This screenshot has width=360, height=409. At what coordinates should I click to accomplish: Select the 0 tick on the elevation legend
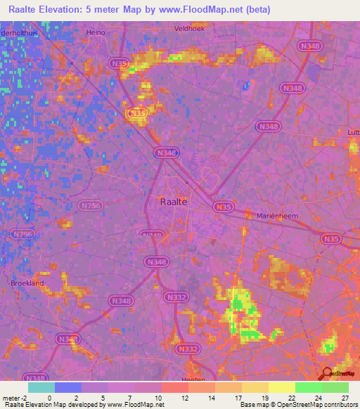point(50,398)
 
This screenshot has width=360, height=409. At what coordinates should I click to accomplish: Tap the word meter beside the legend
point(13,398)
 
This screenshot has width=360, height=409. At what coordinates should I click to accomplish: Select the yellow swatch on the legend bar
point(281,387)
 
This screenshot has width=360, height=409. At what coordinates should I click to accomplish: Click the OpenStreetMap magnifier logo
point(327,373)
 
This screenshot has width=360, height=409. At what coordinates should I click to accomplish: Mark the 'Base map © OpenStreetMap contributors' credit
point(297,405)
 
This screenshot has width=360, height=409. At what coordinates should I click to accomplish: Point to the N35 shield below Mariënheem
point(330,240)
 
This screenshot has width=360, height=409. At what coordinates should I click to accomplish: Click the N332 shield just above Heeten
point(188,349)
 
